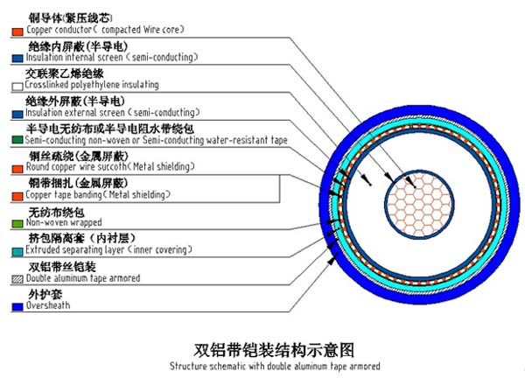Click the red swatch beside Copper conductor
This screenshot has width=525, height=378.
coord(17,31)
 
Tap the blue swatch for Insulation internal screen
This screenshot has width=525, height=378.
coord(17,59)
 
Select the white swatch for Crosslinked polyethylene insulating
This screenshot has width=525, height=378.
coord(17,87)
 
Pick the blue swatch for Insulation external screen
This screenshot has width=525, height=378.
coord(17,114)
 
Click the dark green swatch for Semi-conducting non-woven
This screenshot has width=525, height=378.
coord(17,140)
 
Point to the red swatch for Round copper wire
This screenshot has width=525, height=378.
coord(17,169)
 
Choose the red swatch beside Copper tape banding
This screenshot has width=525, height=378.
coord(17,196)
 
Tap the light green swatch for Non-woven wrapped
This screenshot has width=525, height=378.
coord(17,224)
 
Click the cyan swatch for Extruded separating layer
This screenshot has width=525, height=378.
coord(17,252)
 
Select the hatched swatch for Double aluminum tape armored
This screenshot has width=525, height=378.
coord(17,279)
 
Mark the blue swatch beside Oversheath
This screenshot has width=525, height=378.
coord(17,306)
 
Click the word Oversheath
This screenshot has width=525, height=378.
coord(48,305)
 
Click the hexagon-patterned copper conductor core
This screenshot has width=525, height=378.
coord(419,205)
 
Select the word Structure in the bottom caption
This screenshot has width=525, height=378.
coord(188,366)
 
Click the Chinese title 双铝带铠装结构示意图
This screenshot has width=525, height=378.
coord(274,350)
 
